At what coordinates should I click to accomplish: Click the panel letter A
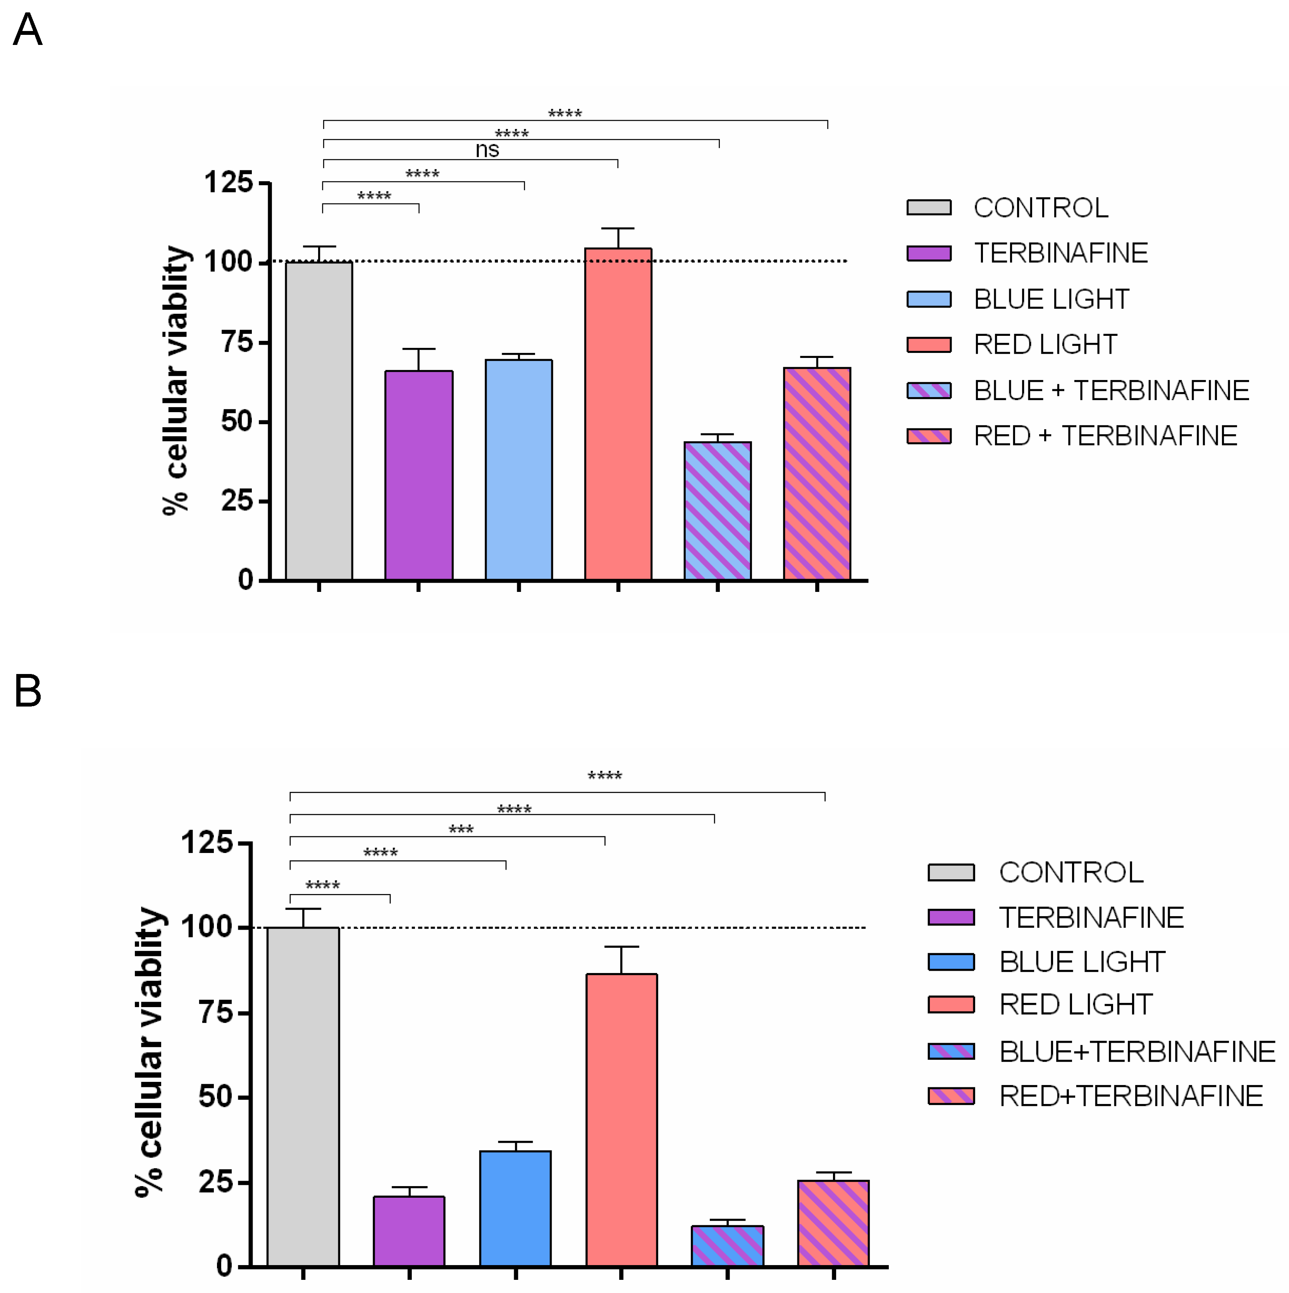28,30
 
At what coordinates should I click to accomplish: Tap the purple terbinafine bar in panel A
418,475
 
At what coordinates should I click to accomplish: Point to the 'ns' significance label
487,149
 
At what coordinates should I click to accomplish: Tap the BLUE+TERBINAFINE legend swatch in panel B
950,1051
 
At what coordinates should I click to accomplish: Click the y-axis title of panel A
176,380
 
